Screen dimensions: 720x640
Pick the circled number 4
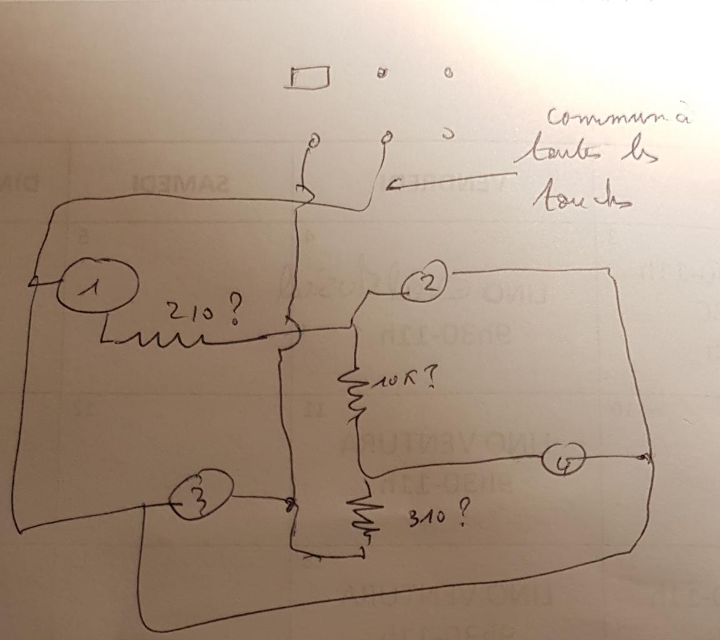coord(563,461)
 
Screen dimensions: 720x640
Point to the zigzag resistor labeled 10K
coord(352,391)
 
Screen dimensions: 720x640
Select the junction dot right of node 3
coord(289,502)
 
